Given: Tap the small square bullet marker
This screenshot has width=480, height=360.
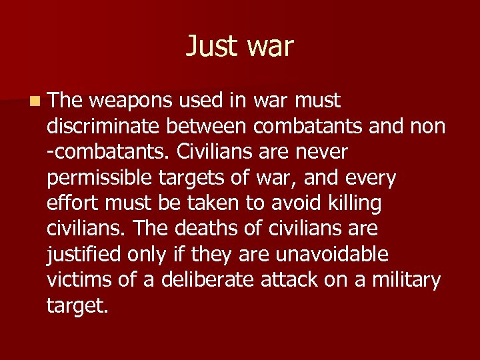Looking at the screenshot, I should (33, 101).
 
